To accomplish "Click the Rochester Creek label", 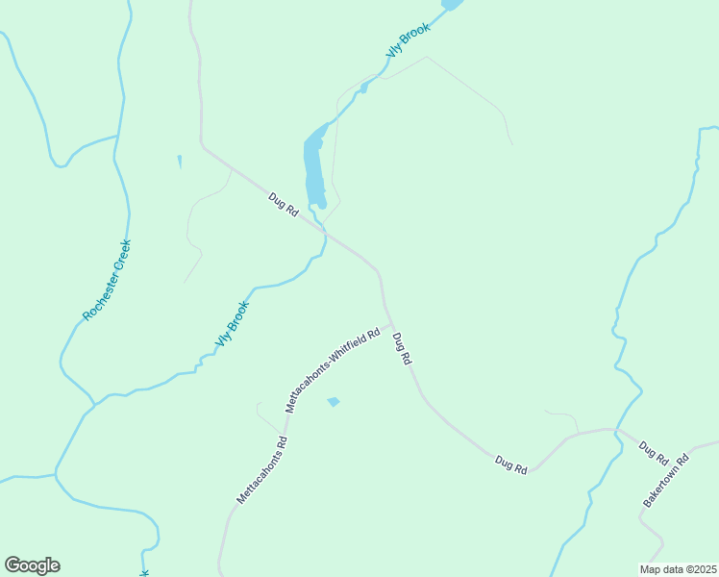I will tap(107, 280).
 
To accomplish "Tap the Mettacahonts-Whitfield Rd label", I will tap(333, 370).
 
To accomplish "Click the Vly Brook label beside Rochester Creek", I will tap(232, 325).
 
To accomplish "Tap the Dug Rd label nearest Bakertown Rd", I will tap(653, 451).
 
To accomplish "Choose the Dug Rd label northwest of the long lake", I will tap(284, 205).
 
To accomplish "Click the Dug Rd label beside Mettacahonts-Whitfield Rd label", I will tap(403, 348).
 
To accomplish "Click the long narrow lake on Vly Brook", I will tap(313, 168).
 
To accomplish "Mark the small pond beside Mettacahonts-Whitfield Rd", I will tap(334, 401).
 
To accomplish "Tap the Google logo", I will tap(32, 565).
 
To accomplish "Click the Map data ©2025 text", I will tap(678, 569).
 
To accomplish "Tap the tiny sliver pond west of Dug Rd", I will tap(179, 162).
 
